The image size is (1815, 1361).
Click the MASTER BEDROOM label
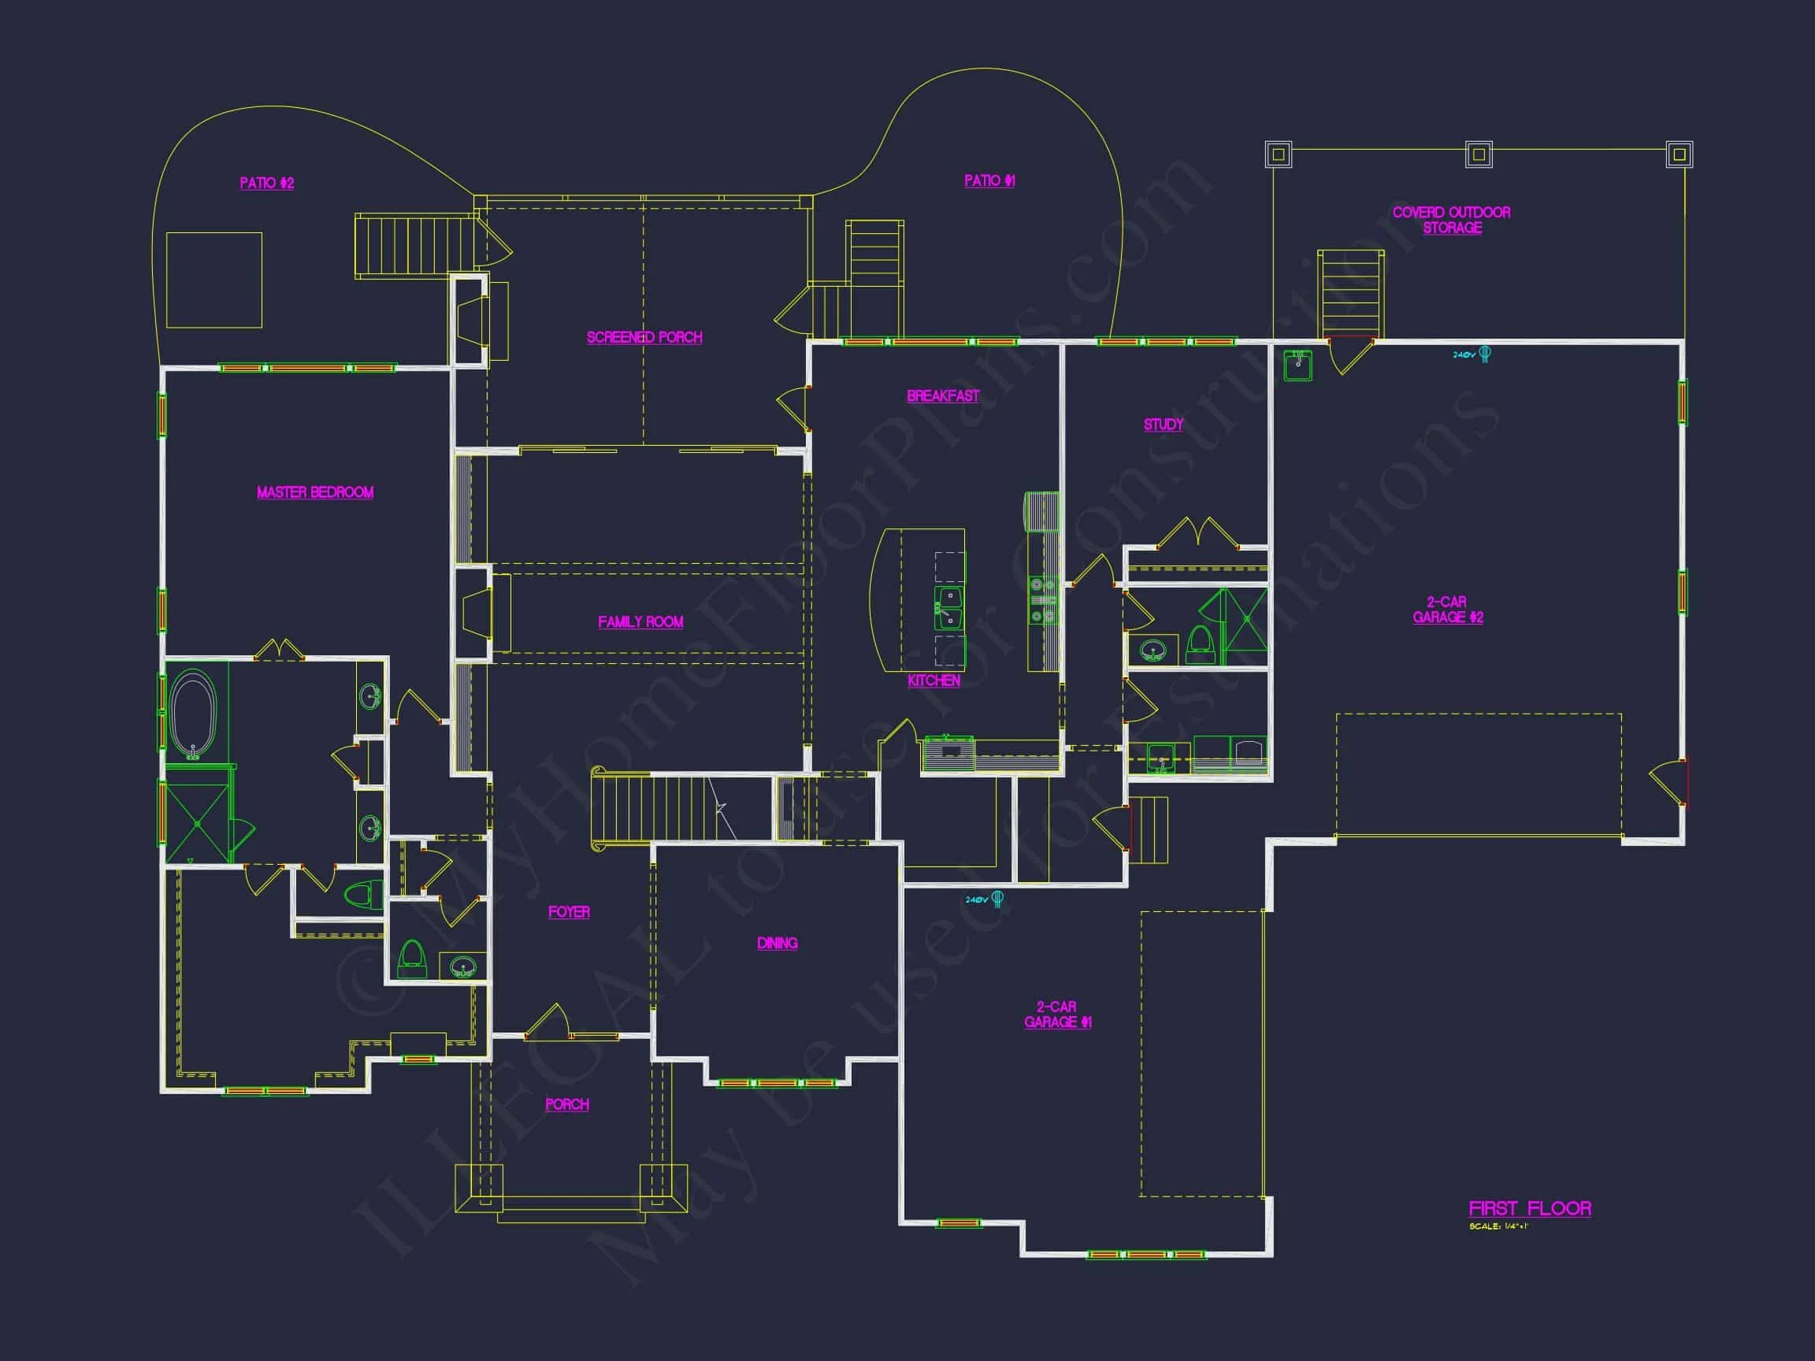(x=315, y=492)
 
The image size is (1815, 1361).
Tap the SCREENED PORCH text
(x=644, y=337)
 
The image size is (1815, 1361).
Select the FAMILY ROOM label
(x=640, y=622)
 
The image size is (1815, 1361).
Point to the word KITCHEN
(x=933, y=680)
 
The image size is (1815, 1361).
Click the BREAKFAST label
(x=943, y=396)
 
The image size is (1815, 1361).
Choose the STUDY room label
(x=1164, y=425)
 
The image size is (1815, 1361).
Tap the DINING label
(x=777, y=944)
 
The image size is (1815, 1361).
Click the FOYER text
(x=569, y=912)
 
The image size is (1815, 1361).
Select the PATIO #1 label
(x=989, y=180)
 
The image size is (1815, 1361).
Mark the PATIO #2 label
(x=267, y=183)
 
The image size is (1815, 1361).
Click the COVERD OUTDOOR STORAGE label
(x=1452, y=220)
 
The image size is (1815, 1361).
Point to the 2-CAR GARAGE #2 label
(x=1447, y=610)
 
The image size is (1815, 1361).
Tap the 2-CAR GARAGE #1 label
(x=1057, y=1014)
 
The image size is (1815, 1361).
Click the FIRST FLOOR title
(x=1530, y=1208)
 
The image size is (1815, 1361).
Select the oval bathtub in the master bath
(x=193, y=712)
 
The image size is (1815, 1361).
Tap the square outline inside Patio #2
(x=214, y=280)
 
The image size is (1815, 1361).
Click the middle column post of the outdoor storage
(x=1479, y=154)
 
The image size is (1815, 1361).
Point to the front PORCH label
(x=567, y=1104)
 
